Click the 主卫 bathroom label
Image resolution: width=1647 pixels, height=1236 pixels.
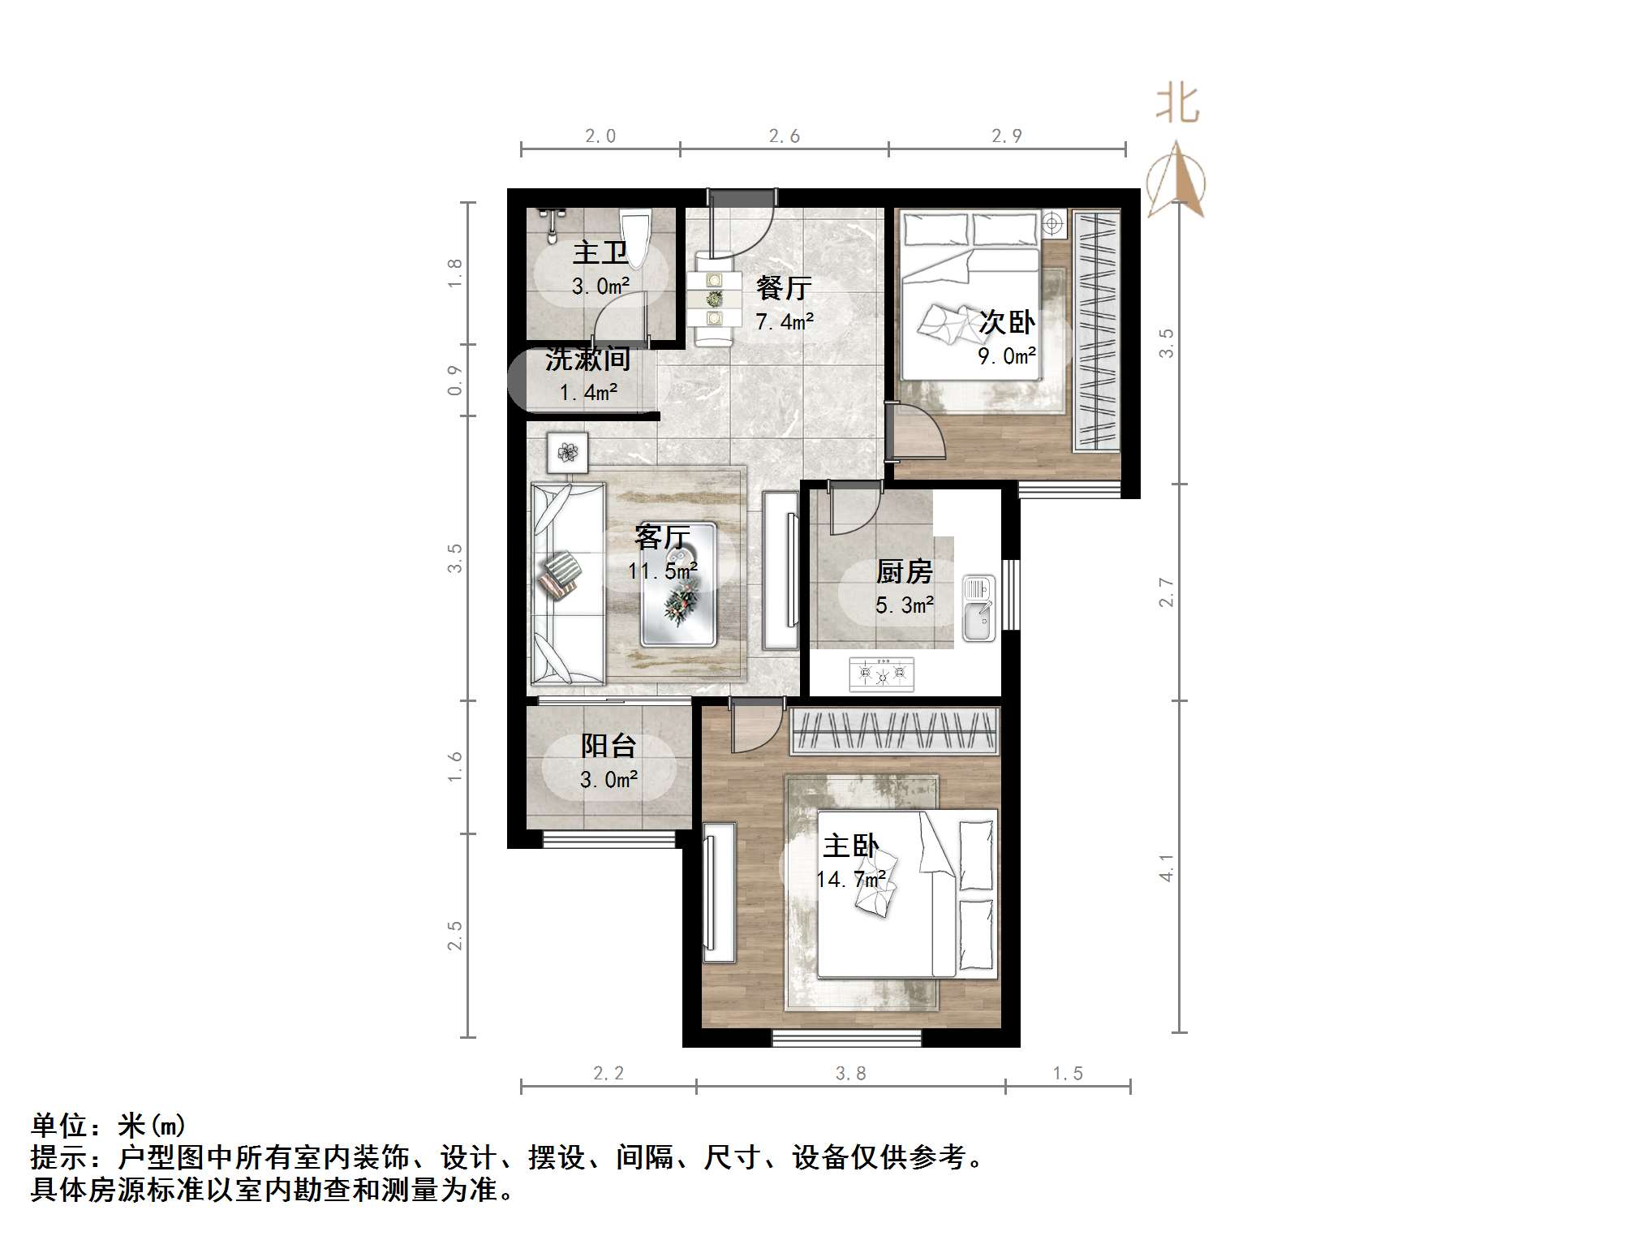coord(600,253)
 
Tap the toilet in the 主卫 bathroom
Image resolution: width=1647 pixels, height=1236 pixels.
coord(634,235)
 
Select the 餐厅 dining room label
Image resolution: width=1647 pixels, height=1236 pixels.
coord(784,287)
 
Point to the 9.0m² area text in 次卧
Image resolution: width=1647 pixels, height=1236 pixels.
coord(1006,356)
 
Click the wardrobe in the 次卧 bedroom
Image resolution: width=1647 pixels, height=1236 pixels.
coord(1096,331)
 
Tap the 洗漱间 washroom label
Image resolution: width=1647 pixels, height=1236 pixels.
coord(587,359)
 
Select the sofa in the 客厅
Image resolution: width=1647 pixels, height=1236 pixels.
coord(567,584)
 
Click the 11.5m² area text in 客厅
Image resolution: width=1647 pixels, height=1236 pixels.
coord(662,571)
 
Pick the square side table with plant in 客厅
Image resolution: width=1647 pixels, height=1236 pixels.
coord(567,452)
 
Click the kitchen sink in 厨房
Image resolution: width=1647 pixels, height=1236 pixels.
coord(978,608)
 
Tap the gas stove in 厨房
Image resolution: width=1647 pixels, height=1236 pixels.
coord(882,674)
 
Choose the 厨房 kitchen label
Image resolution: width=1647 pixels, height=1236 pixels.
coord(904,571)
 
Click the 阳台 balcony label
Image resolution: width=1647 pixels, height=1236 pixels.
coord(608,746)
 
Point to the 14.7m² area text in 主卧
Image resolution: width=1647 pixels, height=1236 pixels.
coord(850,880)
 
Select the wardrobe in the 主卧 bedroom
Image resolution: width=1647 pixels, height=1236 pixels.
coord(894,730)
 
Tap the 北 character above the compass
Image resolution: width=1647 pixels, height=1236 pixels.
coord(1177,106)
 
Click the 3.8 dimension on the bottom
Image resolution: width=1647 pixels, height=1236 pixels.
coord(850,1074)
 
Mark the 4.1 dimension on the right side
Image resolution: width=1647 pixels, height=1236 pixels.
coord(1166,868)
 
